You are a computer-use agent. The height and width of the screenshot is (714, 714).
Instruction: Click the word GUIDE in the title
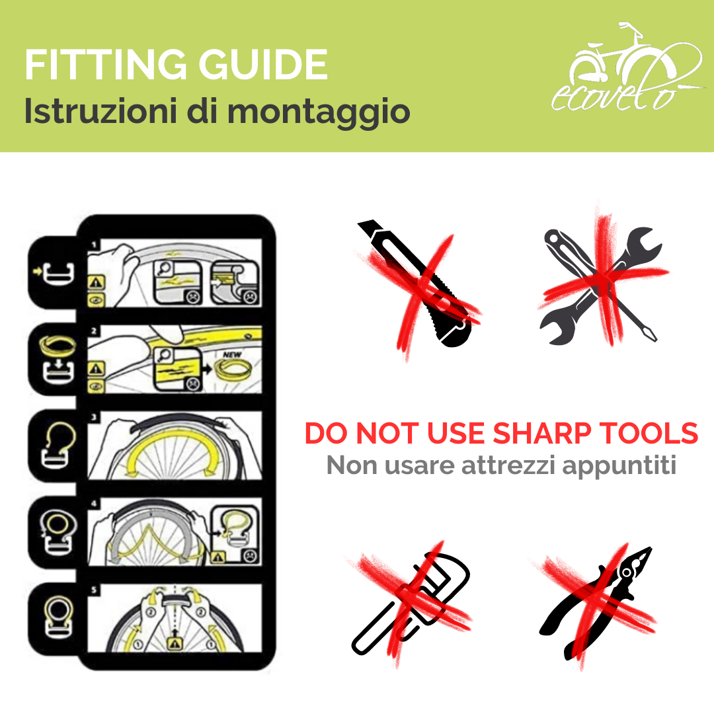[263, 64]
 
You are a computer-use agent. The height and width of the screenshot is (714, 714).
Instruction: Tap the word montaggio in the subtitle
[319, 112]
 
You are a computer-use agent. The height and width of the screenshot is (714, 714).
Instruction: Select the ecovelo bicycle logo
[627, 67]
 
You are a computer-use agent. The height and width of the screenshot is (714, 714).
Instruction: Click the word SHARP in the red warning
[542, 433]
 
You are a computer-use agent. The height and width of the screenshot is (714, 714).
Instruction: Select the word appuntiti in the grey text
[619, 466]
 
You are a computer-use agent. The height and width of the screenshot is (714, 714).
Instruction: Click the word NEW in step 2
[232, 354]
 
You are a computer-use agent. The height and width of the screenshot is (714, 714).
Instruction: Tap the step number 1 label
[94, 245]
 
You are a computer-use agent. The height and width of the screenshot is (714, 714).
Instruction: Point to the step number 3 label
[94, 417]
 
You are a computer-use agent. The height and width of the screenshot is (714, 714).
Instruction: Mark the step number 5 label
[94, 590]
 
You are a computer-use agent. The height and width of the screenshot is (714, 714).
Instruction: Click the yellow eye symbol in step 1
[96, 299]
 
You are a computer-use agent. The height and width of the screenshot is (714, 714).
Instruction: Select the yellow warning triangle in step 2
[96, 368]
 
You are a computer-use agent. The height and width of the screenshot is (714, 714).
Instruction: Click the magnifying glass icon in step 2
[164, 355]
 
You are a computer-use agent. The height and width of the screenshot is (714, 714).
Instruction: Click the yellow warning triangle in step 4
[218, 557]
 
